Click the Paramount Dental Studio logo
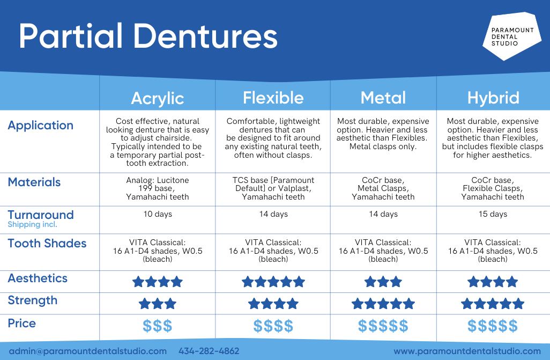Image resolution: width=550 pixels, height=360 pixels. pyautogui.click(x=511, y=36)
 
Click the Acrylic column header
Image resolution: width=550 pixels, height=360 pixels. pyautogui.click(x=157, y=98)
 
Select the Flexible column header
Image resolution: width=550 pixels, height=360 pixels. pyautogui.click(x=273, y=98)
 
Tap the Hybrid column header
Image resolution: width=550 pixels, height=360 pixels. pyautogui.click(x=493, y=98)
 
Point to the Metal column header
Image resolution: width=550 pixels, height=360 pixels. pyautogui.click(x=383, y=98)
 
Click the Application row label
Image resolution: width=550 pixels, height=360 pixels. pyautogui.click(x=40, y=126)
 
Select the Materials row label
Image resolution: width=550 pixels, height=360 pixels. pyautogui.click(x=34, y=182)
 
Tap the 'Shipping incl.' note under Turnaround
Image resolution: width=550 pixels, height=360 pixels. pyautogui.click(x=32, y=225)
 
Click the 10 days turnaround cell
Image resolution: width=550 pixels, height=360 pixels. pyautogui.click(x=157, y=214)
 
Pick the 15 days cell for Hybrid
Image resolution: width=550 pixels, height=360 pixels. pyautogui.click(x=492, y=214)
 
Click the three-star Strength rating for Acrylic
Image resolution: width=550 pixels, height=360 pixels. pyautogui.click(x=157, y=304)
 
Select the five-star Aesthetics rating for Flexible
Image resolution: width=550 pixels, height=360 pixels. pyautogui.click(x=273, y=282)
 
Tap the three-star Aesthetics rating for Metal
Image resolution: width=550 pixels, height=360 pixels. pyautogui.click(x=383, y=282)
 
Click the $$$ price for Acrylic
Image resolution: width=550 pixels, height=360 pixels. pyautogui.click(x=157, y=326)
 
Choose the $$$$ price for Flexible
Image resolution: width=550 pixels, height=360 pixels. pyautogui.click(x=273, y=326)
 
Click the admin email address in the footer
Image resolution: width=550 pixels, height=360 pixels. pyautogui.click(x=87, y=351)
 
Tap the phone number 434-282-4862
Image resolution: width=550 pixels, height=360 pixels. pyautogui.click(x=209, y=351)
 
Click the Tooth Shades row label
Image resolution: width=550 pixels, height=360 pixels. pyautogui.click(x=47, y=244)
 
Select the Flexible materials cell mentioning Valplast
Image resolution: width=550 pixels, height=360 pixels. pyautogui.click(x=273, y=188)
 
